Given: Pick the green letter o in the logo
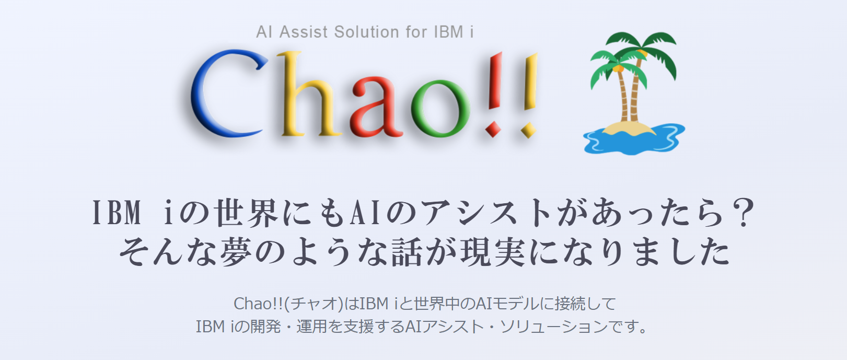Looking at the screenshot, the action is pos(440,109).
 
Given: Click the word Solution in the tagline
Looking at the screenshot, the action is pos(366,32).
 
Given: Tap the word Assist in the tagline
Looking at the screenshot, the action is pos(303,32).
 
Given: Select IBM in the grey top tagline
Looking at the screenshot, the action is pos(449,32).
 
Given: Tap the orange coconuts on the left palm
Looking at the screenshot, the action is pos(618,68).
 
